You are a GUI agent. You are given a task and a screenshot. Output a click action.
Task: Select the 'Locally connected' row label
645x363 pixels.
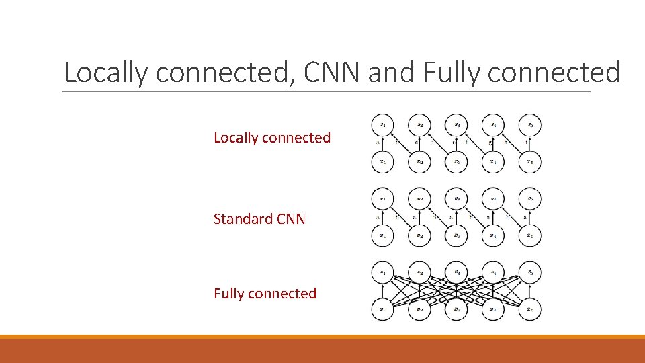tap(272, 138)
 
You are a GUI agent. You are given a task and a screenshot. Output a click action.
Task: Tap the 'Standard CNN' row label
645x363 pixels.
tap(259, 219)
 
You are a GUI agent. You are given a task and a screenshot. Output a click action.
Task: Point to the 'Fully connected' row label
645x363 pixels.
tap(265, 294)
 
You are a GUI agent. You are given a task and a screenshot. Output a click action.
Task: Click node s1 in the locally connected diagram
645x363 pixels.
tap(382, 125)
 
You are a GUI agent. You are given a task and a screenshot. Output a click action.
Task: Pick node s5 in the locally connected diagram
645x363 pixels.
tap(530, 125)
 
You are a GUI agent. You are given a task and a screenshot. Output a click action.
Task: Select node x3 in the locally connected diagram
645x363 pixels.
tap(456, 162)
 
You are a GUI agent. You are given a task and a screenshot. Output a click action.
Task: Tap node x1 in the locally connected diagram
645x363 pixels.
tap(382, 162)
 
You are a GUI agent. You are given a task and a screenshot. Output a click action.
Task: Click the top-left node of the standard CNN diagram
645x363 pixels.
tap(382, 200)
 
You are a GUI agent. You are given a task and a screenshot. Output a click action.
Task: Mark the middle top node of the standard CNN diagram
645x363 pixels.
tap(456, 200)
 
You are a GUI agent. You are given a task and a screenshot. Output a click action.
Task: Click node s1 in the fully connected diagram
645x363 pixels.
tap(382, 273)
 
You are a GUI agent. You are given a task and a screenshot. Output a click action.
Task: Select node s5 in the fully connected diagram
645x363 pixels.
tap(530, 273)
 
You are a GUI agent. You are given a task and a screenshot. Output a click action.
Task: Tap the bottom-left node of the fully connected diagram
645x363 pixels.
tap(382, 310)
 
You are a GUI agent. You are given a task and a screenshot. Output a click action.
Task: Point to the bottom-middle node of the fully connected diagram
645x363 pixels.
tap(456, 310)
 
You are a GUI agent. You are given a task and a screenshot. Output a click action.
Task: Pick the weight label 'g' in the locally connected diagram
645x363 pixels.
tap(491, 143)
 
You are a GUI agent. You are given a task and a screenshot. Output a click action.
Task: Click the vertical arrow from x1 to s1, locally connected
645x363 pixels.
tap(382, 144)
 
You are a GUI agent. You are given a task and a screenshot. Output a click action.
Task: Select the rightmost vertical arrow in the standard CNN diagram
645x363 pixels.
tap(530, 218)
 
